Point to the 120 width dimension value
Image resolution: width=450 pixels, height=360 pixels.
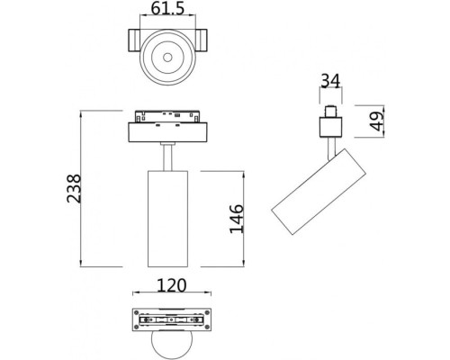171,286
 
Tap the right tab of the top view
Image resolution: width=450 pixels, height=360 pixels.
205,41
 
